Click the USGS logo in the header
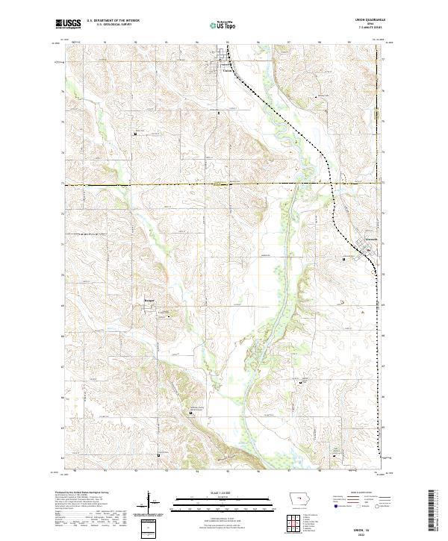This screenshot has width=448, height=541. click(69, 24)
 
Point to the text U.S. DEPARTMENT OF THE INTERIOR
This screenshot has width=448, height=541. click(113, 22)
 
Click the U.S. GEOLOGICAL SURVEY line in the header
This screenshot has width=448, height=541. click(113, 26)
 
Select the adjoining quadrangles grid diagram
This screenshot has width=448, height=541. click(299, 522)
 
